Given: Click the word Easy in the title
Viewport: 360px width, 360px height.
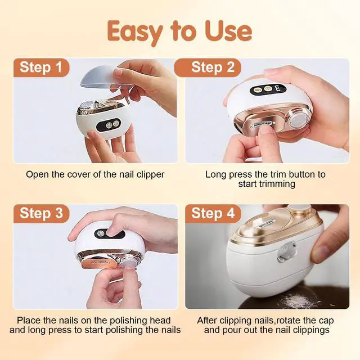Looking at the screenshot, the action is click(135, 31).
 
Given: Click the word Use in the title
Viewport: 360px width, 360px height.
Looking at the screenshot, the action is click(228, 31).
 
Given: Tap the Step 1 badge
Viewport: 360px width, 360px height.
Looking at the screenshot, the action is click(41, 67).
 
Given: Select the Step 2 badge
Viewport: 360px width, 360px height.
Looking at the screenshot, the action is click(208, 67).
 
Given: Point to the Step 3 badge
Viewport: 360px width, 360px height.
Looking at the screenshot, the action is click(41, 213).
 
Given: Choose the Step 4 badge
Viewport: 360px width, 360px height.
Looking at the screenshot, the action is click(213, 213).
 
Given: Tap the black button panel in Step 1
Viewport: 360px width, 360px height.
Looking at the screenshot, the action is click(109, 125).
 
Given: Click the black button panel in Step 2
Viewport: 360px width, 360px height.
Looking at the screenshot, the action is click(268, 88).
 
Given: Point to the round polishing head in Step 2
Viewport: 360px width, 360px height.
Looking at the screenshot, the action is click(297, 119).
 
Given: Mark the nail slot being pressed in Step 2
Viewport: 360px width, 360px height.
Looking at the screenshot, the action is click(262, 125).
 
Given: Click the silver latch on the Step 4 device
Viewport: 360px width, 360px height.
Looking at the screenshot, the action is click(287, 251).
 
